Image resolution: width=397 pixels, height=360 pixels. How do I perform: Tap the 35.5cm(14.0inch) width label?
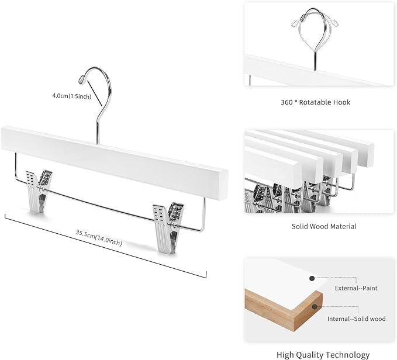(x=99, y=237)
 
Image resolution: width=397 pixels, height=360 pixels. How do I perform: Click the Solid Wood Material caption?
(x=324, y=226)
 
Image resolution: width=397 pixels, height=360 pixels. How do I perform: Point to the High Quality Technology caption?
(x=323, y=354)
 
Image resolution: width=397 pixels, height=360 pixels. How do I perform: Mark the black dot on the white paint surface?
(x=312, y=279)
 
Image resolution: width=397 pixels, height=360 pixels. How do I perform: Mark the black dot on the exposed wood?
(x=315, y=306)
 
